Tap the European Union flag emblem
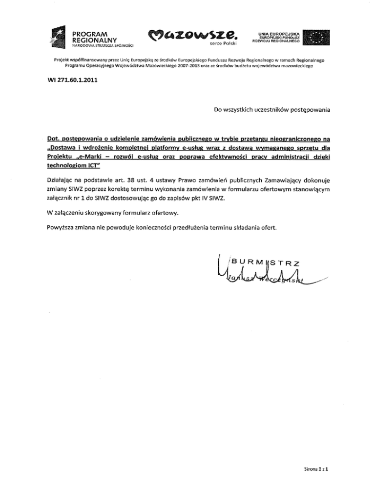pyautogui.click(x=316, y=38)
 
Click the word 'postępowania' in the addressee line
pyautogui.click(x=305, y=110)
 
